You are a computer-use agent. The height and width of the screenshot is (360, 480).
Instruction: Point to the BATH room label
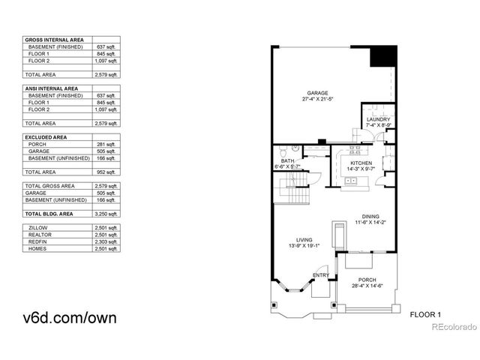pyautogui.click(x=288, y=160)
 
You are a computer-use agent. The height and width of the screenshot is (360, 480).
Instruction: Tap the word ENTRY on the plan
pyautogui.click(x=321, y=275)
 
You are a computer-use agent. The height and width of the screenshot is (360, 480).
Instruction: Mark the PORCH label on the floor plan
pyautogui.click(x=367, y=280)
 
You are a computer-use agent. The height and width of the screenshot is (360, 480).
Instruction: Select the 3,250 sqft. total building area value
pyautogui.click(x=109, y=214)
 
